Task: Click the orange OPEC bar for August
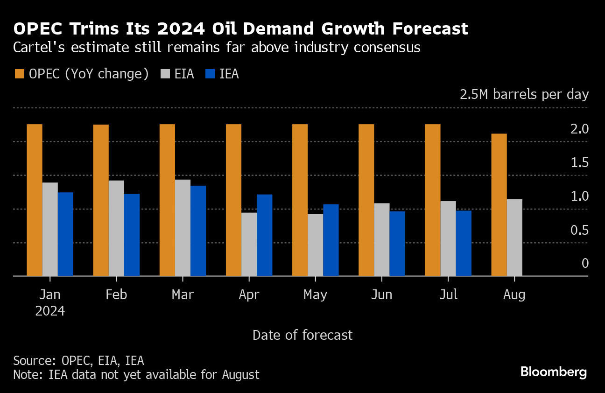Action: point(499,205)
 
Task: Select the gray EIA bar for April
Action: point(249,244)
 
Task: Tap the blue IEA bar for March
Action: point(198,231)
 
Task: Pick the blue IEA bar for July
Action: point(464,243)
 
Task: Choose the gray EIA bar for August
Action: point(514,238)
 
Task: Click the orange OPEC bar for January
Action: point(35,200)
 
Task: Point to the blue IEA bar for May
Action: point(331,240)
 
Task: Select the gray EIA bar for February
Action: point(116,228)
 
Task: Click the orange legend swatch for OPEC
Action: point(20,74)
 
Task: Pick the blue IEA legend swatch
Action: point(211,74)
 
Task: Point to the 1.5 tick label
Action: point(579,163)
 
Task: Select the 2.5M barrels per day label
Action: point(524,94)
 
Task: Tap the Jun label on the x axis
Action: point(381,295)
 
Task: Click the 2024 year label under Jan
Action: point(50,311)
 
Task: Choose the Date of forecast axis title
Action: point(302,335)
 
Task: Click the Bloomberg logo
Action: point(554,372)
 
